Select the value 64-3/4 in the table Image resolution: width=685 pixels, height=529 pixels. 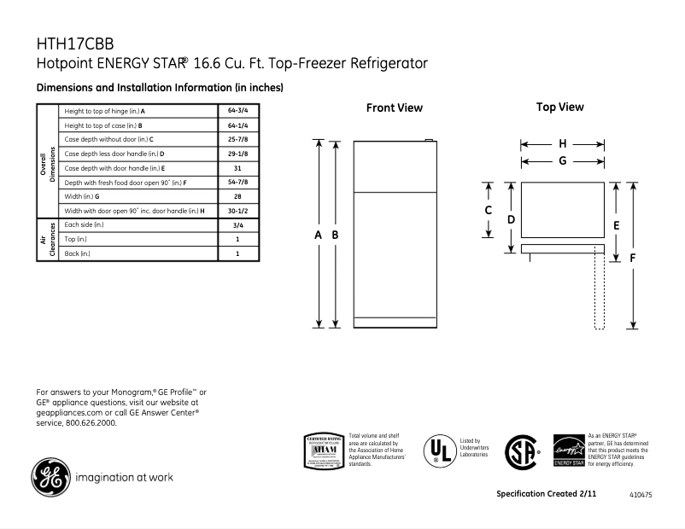(237, 112)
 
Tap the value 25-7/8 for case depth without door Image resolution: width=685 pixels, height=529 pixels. (237, 139)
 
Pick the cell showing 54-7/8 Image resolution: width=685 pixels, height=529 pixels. (237, 183)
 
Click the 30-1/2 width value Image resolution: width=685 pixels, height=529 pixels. (237, 211)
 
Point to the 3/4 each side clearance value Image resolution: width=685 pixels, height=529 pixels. (237, 225)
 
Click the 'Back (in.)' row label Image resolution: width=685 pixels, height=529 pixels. (77, 253)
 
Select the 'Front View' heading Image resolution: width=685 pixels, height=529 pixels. (394, 108)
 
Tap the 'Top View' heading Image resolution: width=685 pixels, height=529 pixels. (559, 108)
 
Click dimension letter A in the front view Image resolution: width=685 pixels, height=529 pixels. (319, 234)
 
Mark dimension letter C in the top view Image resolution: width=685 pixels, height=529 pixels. (489, 211)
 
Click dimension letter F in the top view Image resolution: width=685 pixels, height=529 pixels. (633, 256)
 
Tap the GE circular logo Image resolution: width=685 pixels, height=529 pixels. (50, 477)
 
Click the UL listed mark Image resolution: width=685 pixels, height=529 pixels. (441, 451)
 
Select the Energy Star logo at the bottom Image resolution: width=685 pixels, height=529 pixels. (568, 451)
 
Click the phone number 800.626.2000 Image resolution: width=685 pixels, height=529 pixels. (89, 421)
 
